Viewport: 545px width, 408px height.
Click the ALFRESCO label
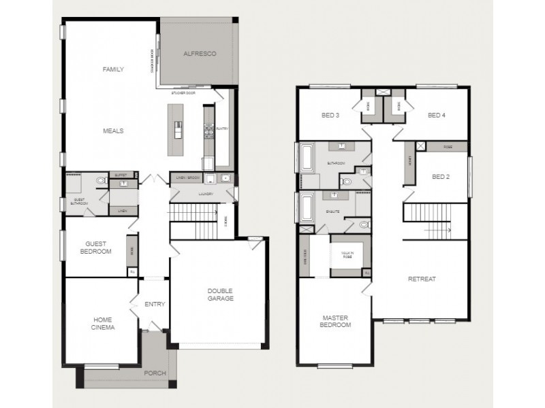[x=200, y=54]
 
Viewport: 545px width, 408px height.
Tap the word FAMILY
[x=113, y=69]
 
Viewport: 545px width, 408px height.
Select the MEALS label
[x=113, y=131]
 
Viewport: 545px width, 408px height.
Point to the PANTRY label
[x=221, y=128]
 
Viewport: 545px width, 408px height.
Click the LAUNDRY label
[x=206, y=194]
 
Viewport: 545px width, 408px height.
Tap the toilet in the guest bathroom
[x=102, y=181]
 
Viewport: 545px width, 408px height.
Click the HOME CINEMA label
[x=104, y=323]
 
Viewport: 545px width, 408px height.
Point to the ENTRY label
[x=155, y=304]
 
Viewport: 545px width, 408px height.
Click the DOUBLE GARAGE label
[x=220, y=294]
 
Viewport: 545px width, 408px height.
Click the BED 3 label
[x=330, y=115]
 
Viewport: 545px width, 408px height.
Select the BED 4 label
[x=437, y=115]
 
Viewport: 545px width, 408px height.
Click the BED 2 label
[x=441, y=177]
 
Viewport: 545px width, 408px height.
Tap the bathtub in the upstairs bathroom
[x=306, y=158]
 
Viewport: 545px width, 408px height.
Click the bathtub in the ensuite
[x=306, y=207]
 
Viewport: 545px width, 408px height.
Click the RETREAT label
[x=422, y=279]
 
